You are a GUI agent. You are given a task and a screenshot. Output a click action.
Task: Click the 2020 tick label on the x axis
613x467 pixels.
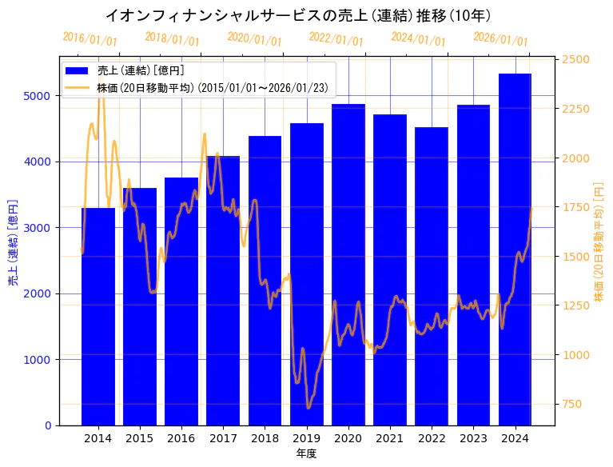click(x=348, y=438)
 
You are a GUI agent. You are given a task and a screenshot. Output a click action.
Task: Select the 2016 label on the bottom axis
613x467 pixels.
click(x=181, y=438)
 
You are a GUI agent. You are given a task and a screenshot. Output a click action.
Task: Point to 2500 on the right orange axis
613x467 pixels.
click(x=575, y=60)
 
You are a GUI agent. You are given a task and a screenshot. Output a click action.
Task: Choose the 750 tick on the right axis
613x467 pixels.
click(x=573, y=404)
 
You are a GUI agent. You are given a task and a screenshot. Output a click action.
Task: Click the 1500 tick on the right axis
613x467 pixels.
click(x=575, y=257)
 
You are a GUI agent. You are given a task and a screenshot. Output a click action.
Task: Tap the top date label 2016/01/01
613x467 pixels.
click(x=90, y=39)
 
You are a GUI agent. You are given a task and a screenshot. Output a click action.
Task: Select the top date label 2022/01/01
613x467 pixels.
click(x=336, y=39)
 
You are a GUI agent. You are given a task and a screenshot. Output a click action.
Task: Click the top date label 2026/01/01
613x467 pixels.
click(x=500, y=39)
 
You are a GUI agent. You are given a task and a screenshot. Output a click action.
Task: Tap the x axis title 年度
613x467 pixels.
click(x=307, y=453)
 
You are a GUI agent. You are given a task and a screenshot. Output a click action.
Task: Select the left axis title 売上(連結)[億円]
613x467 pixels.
click(x=13, y=243)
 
